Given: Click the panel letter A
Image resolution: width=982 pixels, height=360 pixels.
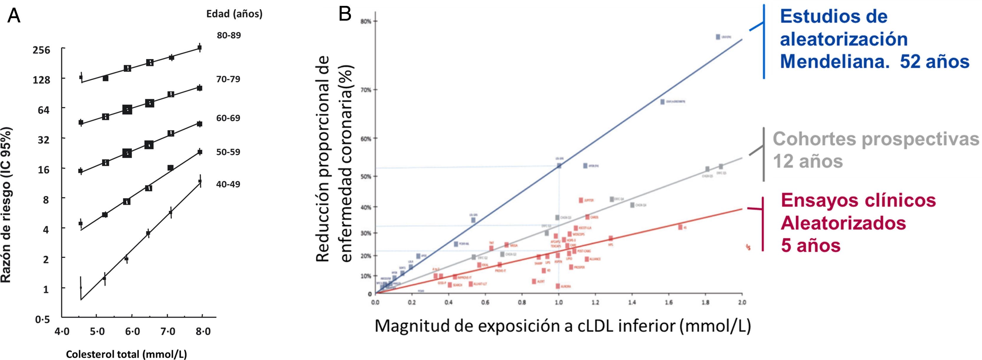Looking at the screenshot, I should (14, 16).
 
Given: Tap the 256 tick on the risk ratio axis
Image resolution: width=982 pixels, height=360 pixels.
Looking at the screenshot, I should (42, 50).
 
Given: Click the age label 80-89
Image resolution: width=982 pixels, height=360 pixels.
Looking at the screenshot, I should (229, 35).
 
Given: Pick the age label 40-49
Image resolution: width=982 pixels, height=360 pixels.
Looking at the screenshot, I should (228, 184).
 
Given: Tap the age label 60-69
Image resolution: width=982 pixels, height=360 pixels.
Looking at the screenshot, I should (228, 118).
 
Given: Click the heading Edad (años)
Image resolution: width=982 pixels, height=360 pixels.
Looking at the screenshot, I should (234, 14).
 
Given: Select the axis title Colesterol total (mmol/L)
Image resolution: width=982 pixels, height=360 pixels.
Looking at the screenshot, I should (126, 354).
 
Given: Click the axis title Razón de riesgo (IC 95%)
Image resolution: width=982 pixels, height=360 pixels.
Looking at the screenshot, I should (6, 205).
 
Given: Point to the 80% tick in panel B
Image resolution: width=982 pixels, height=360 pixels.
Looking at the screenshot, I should (366, 21).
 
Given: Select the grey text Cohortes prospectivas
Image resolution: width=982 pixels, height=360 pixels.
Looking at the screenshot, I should (875, 139).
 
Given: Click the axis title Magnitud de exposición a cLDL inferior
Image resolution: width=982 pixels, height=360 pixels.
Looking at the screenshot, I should (562, 326).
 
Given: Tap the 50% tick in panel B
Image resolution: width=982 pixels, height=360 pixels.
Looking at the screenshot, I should (366, 177).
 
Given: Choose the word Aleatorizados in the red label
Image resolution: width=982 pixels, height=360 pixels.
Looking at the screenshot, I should (843, 223).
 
